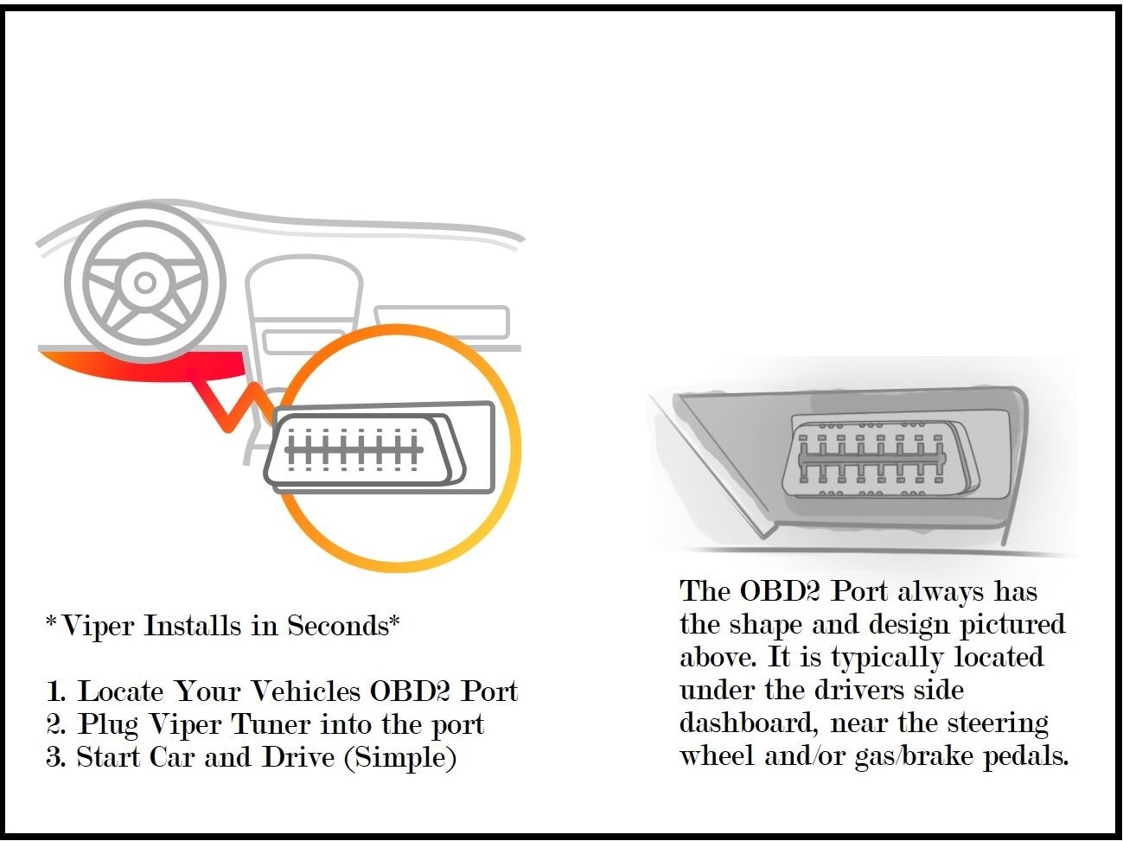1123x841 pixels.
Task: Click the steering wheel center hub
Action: pos(145,283)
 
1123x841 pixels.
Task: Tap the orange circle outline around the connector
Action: pos(510,406)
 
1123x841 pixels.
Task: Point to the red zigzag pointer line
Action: pos(229,406)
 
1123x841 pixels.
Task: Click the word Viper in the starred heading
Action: pos(99,625)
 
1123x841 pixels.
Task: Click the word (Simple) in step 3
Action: pos(400,758)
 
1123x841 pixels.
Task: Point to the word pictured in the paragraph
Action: pos(1012,625)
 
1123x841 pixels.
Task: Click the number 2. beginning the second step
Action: pos(55,724)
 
